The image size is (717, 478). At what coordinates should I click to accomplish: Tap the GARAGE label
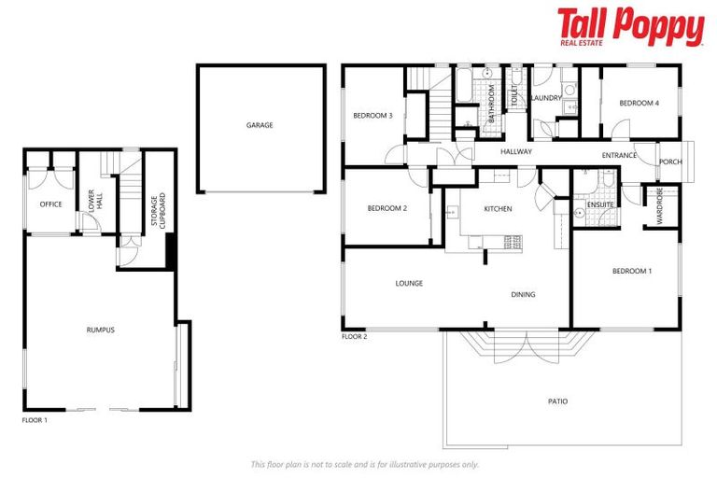click(260, 125)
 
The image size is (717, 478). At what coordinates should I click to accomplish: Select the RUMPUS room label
click(100, 330)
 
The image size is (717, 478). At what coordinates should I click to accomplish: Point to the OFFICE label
click(50, 204)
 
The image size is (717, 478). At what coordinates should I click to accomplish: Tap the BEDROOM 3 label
click(372, 116)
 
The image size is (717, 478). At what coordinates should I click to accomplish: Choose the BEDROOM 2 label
click(387, 208)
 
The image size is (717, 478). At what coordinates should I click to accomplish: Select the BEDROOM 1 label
click(631, 271)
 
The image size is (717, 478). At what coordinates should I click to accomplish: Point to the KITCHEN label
click(497, 209)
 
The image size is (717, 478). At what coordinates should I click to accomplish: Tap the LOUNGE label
click(409, 283)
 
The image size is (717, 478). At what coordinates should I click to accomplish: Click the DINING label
click(523, 295)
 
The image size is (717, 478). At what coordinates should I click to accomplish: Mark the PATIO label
click(557, 401)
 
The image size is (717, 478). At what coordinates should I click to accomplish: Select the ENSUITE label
click(599, 204)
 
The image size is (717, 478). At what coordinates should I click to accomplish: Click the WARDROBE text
click(659, 206)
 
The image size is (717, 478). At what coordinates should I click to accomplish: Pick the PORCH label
click(670, 162)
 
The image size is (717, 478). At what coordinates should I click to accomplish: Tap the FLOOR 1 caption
click(35, 421)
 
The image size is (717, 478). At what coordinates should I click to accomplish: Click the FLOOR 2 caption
click(354, 336)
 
